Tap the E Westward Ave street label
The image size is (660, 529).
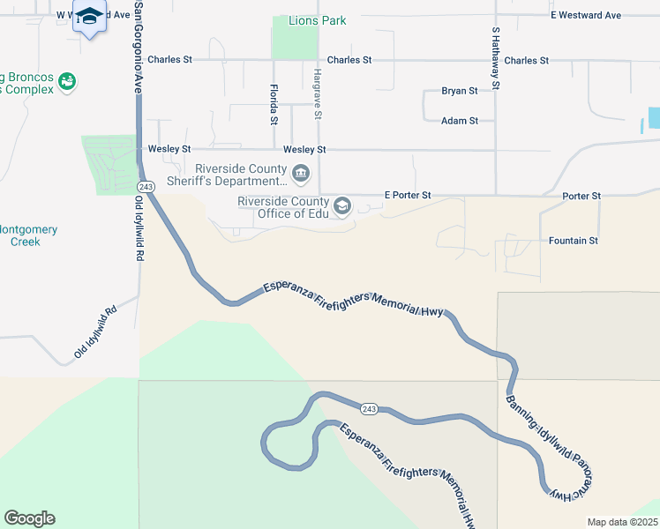586,15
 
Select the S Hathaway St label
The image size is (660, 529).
496,58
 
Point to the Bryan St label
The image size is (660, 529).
460,91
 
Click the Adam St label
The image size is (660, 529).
460,121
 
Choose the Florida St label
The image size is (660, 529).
274,103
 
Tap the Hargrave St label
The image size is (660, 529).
317,94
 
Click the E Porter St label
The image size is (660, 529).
408,195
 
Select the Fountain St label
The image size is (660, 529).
574,240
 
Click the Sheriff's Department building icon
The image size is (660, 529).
301,173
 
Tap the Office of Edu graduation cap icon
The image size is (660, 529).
342,207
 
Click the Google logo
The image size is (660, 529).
29,518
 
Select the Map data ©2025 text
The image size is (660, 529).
621,522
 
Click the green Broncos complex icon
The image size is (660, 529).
66,82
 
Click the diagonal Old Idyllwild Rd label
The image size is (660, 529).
96,332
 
